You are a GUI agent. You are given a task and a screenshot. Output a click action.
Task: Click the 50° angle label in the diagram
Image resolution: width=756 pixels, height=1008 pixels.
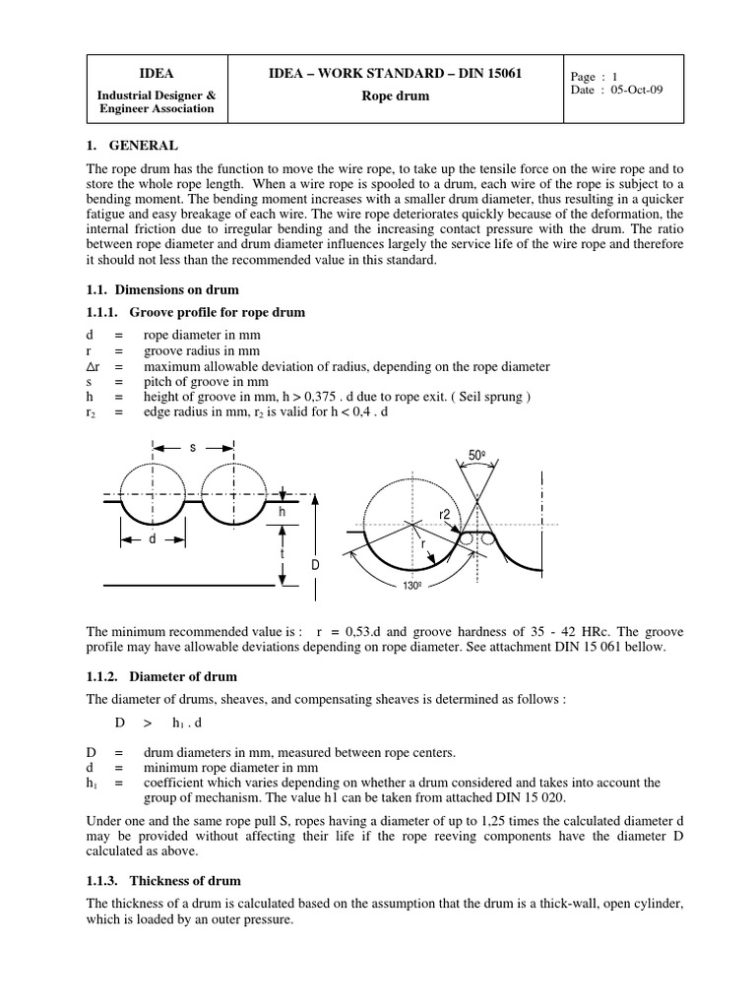coord(477,456)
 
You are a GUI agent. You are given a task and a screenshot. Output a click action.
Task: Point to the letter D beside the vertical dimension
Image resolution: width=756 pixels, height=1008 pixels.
coord(315,565)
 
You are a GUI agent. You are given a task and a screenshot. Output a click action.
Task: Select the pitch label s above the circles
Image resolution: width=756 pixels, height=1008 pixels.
coord(193,447)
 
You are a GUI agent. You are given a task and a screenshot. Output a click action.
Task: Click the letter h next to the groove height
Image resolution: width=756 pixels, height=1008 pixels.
coord(282,512)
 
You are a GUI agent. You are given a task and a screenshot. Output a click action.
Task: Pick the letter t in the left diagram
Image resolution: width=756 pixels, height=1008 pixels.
coord(283,553)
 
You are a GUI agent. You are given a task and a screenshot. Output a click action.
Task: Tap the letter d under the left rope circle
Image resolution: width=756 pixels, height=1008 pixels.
coord(153,538)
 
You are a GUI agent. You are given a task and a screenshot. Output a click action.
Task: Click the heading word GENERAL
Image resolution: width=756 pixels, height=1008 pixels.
coord(148,146)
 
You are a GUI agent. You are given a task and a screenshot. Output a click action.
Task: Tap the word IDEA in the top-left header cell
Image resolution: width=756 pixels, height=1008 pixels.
coord(157,73)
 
